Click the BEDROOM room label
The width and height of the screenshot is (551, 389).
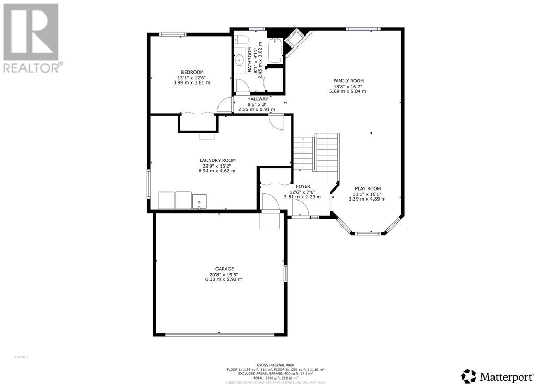tap(192, 72)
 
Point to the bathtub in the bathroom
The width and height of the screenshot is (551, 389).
tap(275, 51)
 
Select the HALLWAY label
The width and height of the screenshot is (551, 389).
tap(257, 99)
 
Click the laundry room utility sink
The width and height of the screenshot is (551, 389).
tap(199, 201)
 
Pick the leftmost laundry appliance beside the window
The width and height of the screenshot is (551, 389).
tap(166, 201)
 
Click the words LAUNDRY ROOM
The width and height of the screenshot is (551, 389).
tap(217, 160)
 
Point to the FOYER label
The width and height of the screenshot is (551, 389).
tap(303, 186)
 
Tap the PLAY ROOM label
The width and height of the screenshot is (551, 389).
tap(368, 188)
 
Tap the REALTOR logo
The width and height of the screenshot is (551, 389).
tap(31, 37)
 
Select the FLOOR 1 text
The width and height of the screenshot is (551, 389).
tap(21, 357)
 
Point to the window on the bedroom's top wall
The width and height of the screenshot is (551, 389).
tap(173, 34)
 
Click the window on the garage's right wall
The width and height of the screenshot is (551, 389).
tap(285, 274)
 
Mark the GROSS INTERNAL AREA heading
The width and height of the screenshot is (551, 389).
tap(275, 365)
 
